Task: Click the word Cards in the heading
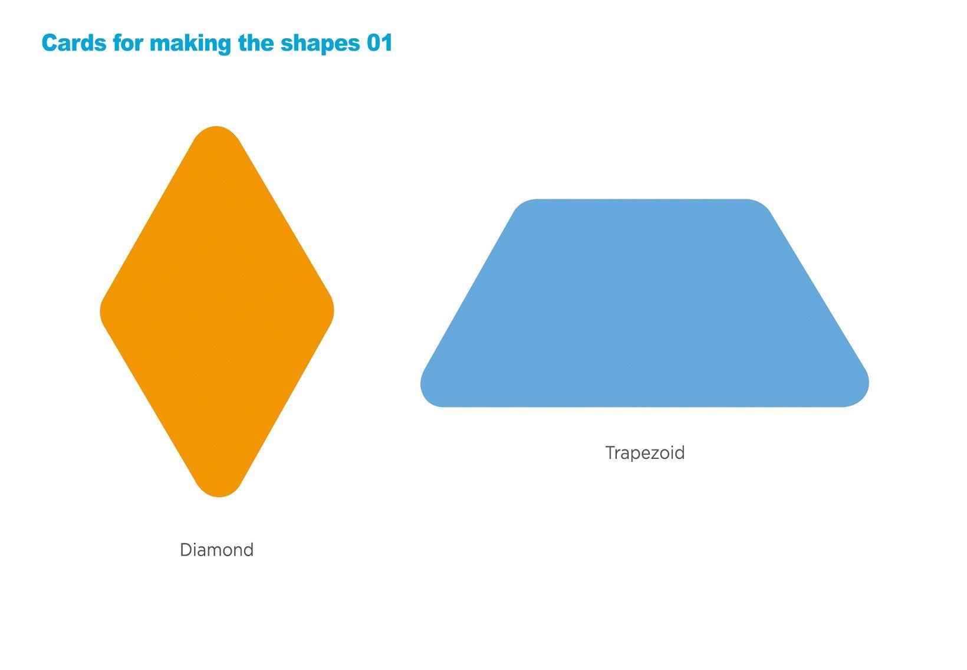coord(74,43)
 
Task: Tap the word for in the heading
coord(128,43)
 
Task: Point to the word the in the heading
coord(256,43)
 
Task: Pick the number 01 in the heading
coord(380,43)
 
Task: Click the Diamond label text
coord(217,550)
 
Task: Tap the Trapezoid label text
coord(645,454)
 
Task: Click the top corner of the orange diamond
coord(216,127)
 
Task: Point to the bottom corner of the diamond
coord(218,497)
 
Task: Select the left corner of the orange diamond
coord(101,311)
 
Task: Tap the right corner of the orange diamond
coord(333,311)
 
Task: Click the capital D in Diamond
coord(186,550)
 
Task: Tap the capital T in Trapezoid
coord(611,452)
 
